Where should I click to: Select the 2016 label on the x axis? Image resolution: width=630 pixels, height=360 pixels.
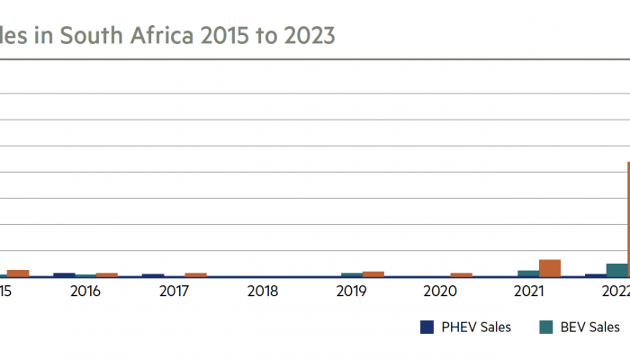pos(85,292)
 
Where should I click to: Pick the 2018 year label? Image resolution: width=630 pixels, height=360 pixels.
pos(263,292)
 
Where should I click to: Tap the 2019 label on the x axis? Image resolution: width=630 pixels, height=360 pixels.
pos(351,292)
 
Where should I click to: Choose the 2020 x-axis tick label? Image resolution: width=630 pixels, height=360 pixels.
pos(440,292)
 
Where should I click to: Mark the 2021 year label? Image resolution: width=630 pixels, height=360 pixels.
pos(529,292)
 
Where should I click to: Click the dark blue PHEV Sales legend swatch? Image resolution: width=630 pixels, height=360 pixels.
pos(427,328)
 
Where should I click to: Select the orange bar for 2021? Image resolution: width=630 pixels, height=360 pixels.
pos(550,267)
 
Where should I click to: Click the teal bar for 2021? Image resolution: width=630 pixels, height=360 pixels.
pos(528,273)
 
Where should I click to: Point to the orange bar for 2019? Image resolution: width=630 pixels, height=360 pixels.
pos(373,274)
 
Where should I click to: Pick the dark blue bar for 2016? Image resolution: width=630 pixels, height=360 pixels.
pos(64,274)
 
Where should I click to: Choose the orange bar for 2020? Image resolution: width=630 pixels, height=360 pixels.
pos(462,274)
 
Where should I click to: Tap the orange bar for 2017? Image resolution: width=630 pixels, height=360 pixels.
pos(195,274)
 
